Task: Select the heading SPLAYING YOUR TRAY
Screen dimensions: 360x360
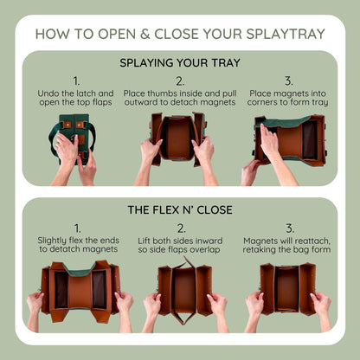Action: pyautogui.click(x=179, y=63)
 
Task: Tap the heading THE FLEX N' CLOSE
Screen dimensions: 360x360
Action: pyautogui.click(x=179, y=209)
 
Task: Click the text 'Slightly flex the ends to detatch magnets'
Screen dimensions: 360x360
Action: pyautogui.click(x=76, y=245)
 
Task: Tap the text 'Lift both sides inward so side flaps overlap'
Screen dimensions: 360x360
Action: pyautogui.click(x=179, y=245)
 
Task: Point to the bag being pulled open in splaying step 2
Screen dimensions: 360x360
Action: pyautogui.click(x=179, y=136)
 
